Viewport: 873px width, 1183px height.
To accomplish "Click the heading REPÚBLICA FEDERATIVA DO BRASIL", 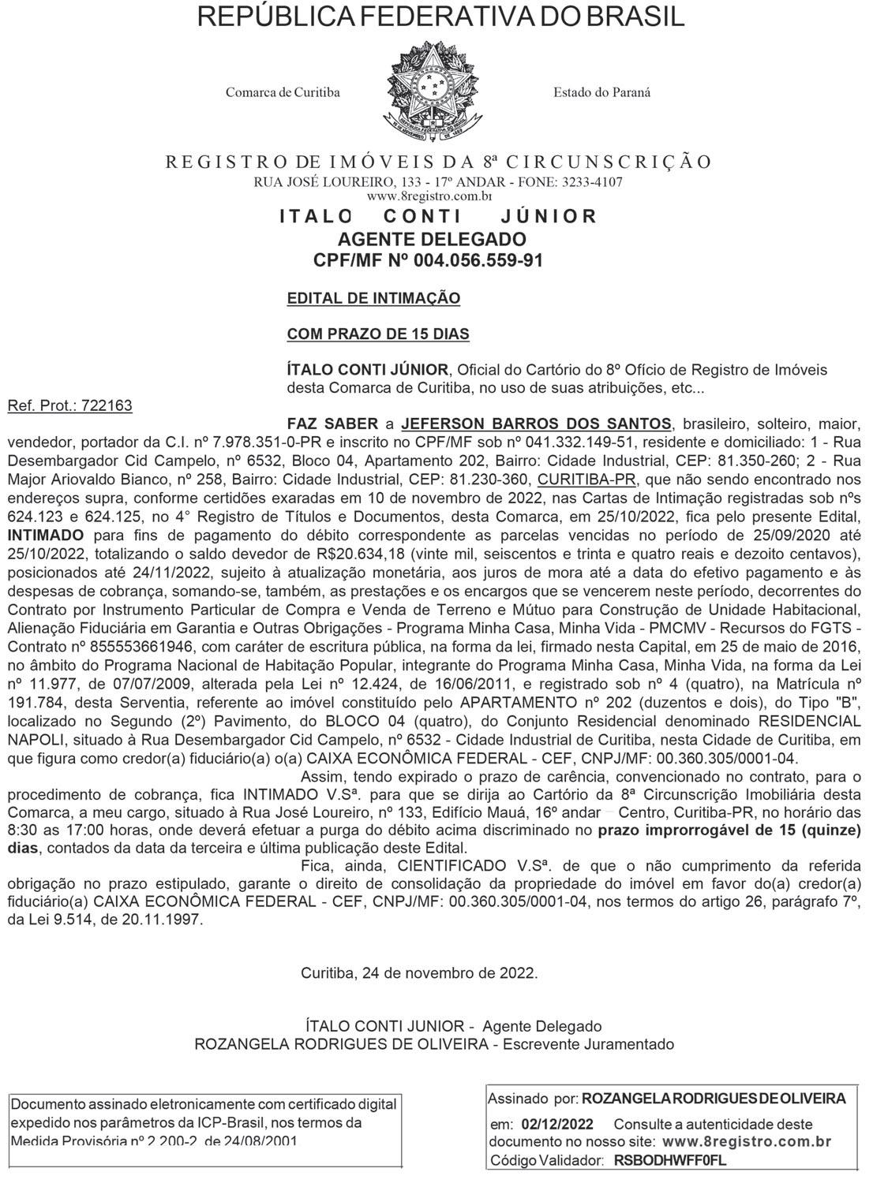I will tap(440, 18).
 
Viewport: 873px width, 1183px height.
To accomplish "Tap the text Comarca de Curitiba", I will tap(283, 92).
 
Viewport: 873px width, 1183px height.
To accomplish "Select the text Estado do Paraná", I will tap(601, 92).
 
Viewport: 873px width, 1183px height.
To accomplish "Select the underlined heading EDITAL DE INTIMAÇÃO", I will tap(373, 299).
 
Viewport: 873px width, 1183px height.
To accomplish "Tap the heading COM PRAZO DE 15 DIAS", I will tap(378, 334).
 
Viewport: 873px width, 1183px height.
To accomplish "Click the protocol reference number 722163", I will tap(107, 405).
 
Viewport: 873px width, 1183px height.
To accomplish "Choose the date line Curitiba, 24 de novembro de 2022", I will tap(419, 972).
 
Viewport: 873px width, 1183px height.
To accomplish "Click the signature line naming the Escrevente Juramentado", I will tap(434, 1044).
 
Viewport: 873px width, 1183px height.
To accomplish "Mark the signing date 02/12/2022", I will tap(558, 1124).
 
